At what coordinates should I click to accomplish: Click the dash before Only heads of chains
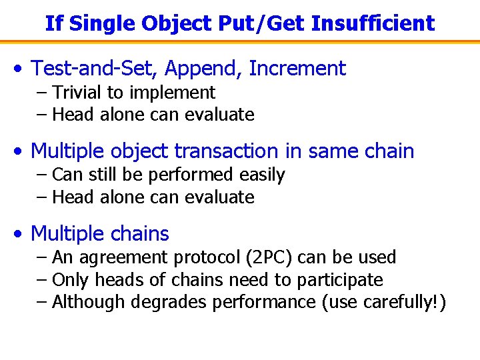pyautogui.click(x=42, y=280)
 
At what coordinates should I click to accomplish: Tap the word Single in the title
pyautogui.click(x=99, y=25)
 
